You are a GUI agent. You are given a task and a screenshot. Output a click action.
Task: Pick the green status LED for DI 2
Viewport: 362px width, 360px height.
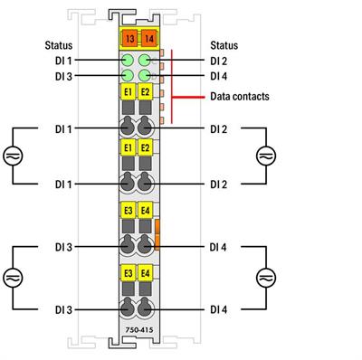pos(145,61)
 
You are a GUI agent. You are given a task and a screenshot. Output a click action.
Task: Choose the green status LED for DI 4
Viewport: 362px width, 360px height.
pos(145,76)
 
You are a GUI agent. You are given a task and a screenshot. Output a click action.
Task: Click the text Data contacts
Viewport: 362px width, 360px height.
pos(239,95)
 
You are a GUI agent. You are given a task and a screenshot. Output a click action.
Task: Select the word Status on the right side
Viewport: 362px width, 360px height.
pos(224,43)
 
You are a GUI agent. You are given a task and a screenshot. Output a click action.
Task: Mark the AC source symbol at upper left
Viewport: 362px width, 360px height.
pos(13,156)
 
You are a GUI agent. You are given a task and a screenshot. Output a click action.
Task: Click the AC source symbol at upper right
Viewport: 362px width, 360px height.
pos(263,156)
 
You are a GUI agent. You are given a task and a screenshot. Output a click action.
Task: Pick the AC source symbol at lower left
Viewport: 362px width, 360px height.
pos(13,277)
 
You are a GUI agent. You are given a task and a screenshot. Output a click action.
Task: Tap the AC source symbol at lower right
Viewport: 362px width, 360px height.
pos(263,277)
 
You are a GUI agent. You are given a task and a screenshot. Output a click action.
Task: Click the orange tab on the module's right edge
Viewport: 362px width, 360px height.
pos(157,232)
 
